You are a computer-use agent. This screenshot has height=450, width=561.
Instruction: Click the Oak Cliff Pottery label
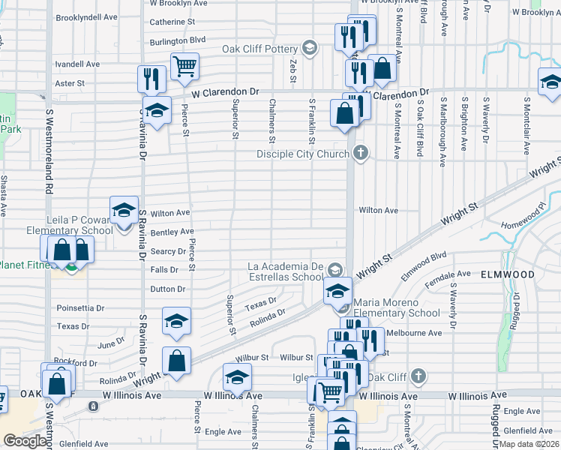click(x=260, y=49)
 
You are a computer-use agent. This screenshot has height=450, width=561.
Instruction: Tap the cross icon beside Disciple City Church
click(x=361, y=154)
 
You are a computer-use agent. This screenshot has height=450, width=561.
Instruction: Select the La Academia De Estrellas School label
click(x=286, y=271)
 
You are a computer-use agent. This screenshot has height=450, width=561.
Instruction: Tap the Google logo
click(x=25, y=441)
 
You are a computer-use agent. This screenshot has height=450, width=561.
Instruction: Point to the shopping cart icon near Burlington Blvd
click(x=184, y=66)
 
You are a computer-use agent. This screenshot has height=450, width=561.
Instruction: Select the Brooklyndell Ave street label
click(x=87, y=16)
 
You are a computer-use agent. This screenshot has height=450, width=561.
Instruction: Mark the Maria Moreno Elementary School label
click(x=396, y=307)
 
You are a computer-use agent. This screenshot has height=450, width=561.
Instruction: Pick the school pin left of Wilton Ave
click(x=124, y=211)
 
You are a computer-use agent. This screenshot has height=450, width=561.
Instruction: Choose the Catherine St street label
click(x=172, y=22)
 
